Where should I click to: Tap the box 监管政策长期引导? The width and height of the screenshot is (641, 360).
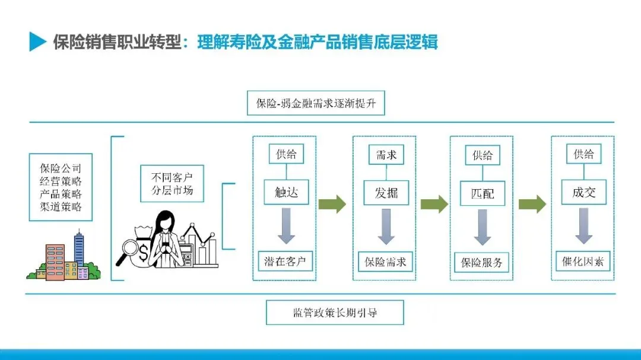335,313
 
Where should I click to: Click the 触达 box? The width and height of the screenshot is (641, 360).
286,192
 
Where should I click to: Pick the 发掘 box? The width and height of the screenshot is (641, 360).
386,193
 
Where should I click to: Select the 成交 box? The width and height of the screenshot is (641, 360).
583,192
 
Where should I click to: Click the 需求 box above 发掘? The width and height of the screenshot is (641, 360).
386,155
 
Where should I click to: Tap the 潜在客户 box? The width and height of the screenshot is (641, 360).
286,261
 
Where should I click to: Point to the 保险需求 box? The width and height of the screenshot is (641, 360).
386,261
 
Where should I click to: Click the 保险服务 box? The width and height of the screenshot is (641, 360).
482,262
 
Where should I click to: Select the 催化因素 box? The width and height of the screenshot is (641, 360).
583,261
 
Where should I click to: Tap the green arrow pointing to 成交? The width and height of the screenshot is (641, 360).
532,205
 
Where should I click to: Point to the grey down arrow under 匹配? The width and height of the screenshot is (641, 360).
483,227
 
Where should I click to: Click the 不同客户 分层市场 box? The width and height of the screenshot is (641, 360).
172,183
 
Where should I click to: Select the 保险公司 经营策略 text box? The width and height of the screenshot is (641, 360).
61,187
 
